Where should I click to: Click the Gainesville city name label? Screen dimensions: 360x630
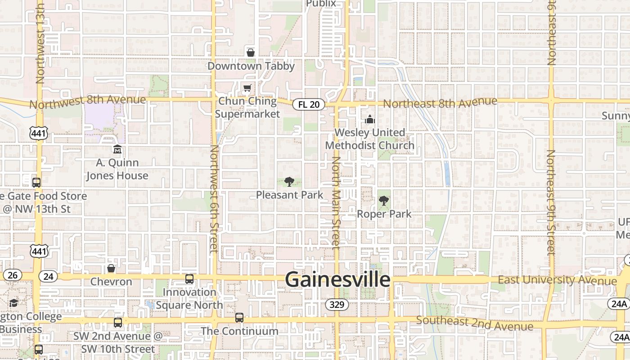pos(337,279)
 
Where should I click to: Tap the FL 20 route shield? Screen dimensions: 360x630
pos(309,104)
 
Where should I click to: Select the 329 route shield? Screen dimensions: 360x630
pos(337,305)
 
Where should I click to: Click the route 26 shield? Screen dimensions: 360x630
pos(12,274)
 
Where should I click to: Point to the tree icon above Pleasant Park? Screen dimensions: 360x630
pos(289,182)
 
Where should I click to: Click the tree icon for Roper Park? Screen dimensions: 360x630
pos(384,201)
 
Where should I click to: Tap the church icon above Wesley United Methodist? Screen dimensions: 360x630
pos(370,119)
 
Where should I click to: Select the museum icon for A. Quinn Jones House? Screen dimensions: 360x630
pos(117,149)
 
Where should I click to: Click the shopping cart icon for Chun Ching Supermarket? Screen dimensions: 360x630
pos(247,88)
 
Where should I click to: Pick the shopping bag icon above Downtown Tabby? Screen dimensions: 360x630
pos(251,53)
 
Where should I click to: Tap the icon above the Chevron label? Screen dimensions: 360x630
pos(111,269)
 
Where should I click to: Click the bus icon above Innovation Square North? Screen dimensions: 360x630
pos(189,279)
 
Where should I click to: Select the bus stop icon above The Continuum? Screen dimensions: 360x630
pos(239,318)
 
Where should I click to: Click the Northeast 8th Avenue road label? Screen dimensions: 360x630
pos(440,103)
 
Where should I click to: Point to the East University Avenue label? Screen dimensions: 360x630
pos(557,280)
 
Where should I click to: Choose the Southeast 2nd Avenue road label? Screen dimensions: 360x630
pos(474,322)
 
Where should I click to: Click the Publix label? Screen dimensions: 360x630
pos(321,4)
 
